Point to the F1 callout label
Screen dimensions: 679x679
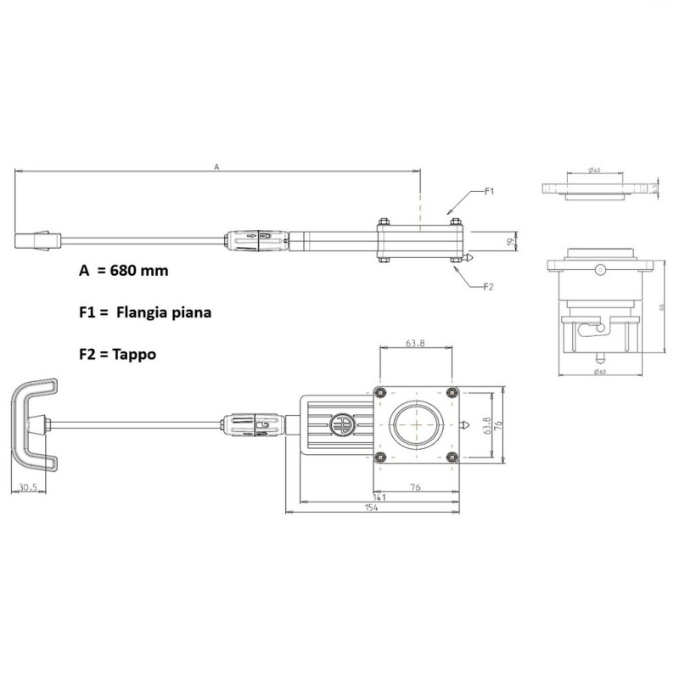(x=489, y=192)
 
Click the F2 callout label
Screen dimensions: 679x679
(x=488, y=287)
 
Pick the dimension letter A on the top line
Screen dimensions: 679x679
(x=216, y=167)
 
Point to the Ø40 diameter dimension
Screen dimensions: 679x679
(x=594, y=171)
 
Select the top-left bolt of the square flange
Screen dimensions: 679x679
(x=379, y=390)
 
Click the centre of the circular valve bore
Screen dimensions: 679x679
(x=417, y=424)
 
